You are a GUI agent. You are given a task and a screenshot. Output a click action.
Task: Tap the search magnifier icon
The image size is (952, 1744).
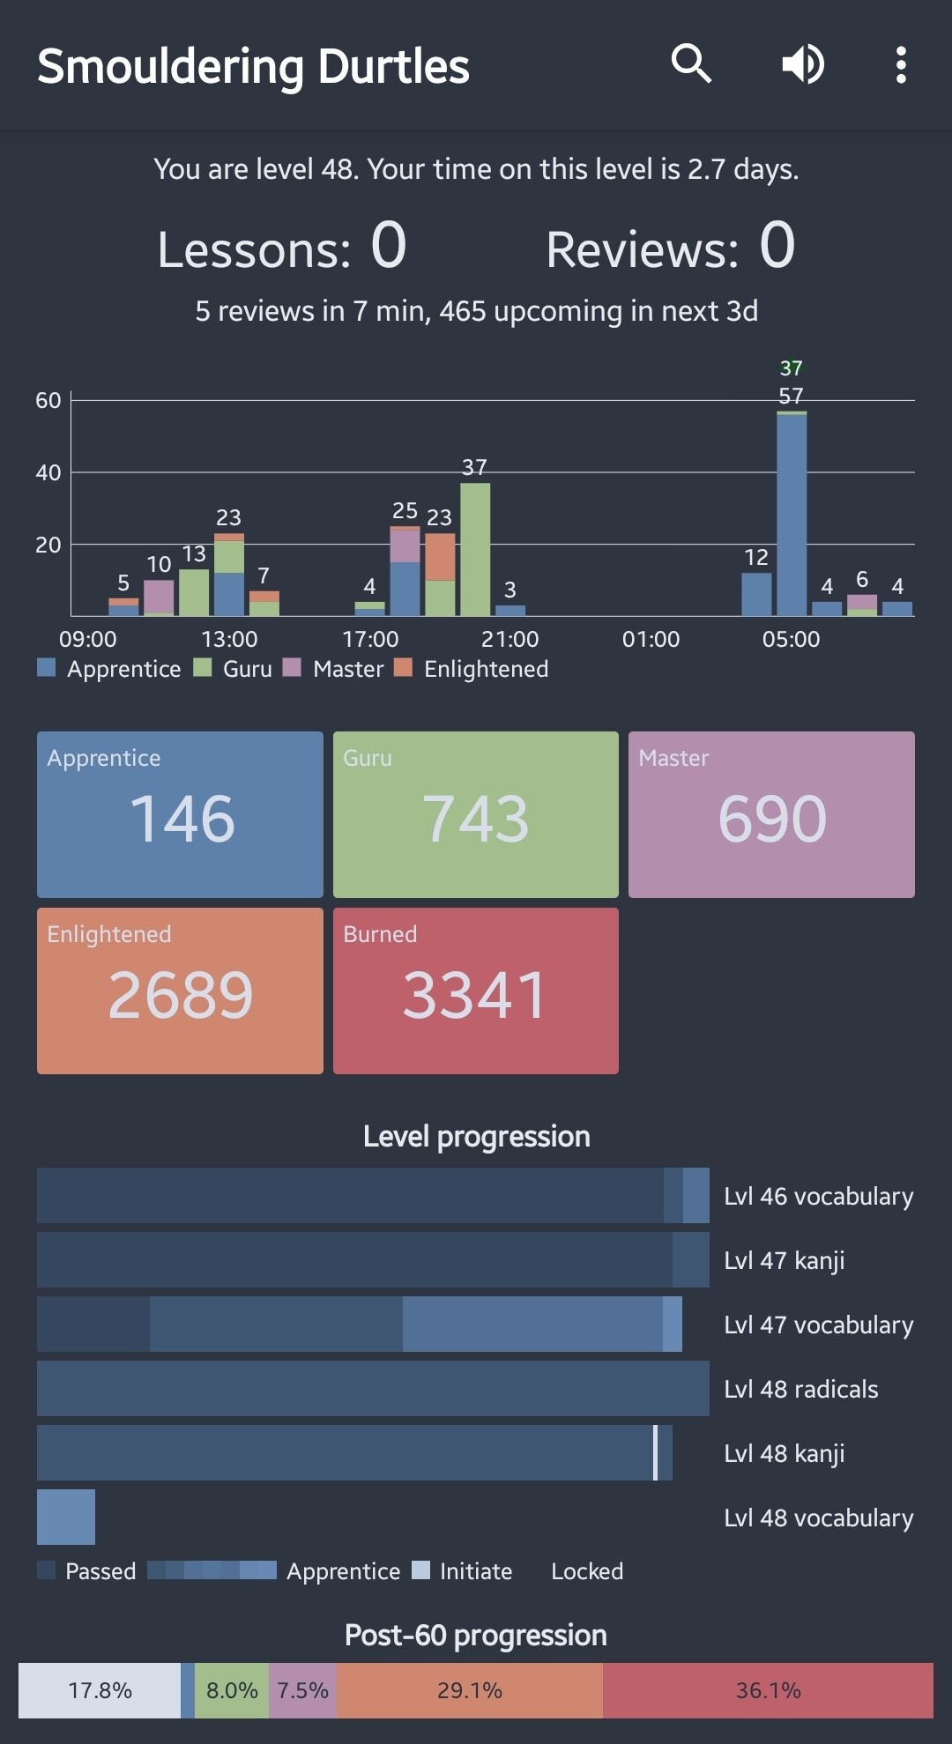[691, 64]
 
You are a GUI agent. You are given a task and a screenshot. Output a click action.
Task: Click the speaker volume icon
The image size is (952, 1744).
[803, 64]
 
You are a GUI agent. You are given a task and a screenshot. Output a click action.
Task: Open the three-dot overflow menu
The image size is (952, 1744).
[901, 64]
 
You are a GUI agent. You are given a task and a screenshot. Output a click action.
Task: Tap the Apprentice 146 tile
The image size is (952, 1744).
[180, 814]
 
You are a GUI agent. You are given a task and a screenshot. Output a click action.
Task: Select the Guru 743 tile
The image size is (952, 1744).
[476, 814]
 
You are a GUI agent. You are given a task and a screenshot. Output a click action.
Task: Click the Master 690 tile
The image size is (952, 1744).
[771, 814]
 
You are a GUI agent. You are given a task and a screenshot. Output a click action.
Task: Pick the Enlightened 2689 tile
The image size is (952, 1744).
[180, 991]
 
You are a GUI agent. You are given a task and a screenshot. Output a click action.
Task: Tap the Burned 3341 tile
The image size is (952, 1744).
[476, 991]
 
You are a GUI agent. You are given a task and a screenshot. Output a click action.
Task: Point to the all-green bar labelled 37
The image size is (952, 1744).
[475, 550]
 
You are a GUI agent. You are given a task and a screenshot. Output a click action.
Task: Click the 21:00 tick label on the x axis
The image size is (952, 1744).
[509, 639]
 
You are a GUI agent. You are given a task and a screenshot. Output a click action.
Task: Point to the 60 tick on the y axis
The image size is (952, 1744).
[48, 400]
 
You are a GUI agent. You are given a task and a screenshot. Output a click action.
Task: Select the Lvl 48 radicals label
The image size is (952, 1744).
[800, 1389]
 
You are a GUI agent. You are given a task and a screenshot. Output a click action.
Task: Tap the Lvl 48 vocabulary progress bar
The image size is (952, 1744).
[66, 1517]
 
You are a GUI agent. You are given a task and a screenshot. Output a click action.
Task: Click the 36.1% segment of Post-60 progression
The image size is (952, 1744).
[768, 1690]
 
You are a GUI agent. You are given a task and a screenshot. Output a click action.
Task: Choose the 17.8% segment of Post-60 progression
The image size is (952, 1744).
[100, 1690]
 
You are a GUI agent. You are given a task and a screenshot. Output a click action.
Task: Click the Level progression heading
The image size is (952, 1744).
[476, 1137]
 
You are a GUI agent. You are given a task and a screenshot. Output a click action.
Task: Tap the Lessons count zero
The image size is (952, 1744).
[389, 245]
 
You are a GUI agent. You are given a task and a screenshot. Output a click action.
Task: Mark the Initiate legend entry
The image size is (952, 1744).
[464, 1571]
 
